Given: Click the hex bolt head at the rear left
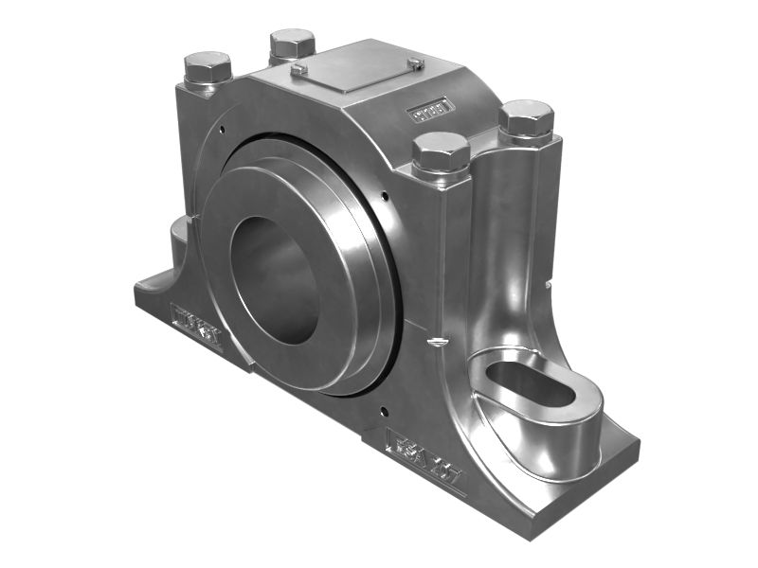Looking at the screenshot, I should [x=208, y=67].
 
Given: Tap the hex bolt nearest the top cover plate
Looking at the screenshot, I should [x=292, y=44].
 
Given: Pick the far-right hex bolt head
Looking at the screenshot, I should [x=525, y=118].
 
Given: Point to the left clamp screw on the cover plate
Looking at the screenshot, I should [x=298, y=69].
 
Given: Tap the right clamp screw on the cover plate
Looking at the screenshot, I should [x=415, y=63].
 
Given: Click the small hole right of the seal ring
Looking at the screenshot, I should [x=386, y=197].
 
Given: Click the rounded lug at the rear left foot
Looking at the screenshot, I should [x=180, y=237].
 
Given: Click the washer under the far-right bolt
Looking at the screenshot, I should [x=525, y=138].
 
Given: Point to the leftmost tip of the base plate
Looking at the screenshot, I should [x=135, y=289].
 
